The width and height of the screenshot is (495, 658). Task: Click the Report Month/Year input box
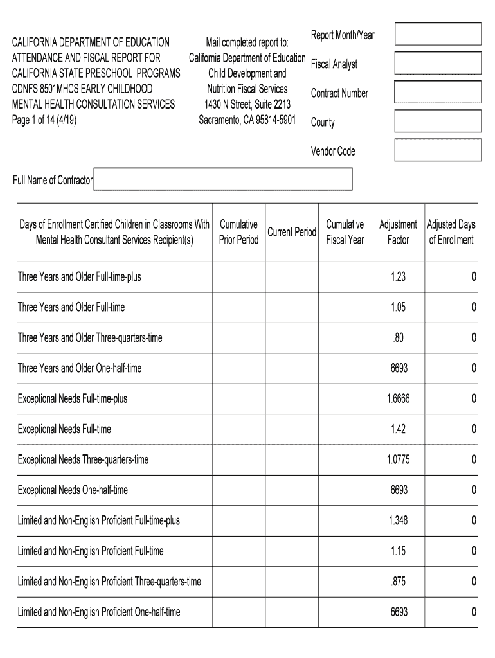(438, 34)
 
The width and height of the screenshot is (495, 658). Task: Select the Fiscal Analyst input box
(438, 63)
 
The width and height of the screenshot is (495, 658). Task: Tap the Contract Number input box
(438, 92)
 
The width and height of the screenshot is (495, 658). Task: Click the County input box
(438, 121)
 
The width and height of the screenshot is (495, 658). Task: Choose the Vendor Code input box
(438, 150)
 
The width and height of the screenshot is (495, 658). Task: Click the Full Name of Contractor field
(223, 180)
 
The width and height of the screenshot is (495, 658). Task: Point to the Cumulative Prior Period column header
(239, 232)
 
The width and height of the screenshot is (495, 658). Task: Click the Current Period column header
(292, 232)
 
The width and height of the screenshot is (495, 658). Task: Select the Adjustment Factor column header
(399, 232)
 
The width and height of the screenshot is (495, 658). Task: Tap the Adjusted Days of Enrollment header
(451, 232)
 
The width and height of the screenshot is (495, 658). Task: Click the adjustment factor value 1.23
(399, 277)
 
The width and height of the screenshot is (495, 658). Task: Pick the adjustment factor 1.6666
(399, 399)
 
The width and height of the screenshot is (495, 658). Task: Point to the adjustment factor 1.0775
(399, 460)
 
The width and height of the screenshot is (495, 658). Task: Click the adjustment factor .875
(399, 582)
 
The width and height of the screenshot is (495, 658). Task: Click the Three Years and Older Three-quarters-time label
(90, 338)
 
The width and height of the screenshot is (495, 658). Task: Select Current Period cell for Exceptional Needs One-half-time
(292, 490)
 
